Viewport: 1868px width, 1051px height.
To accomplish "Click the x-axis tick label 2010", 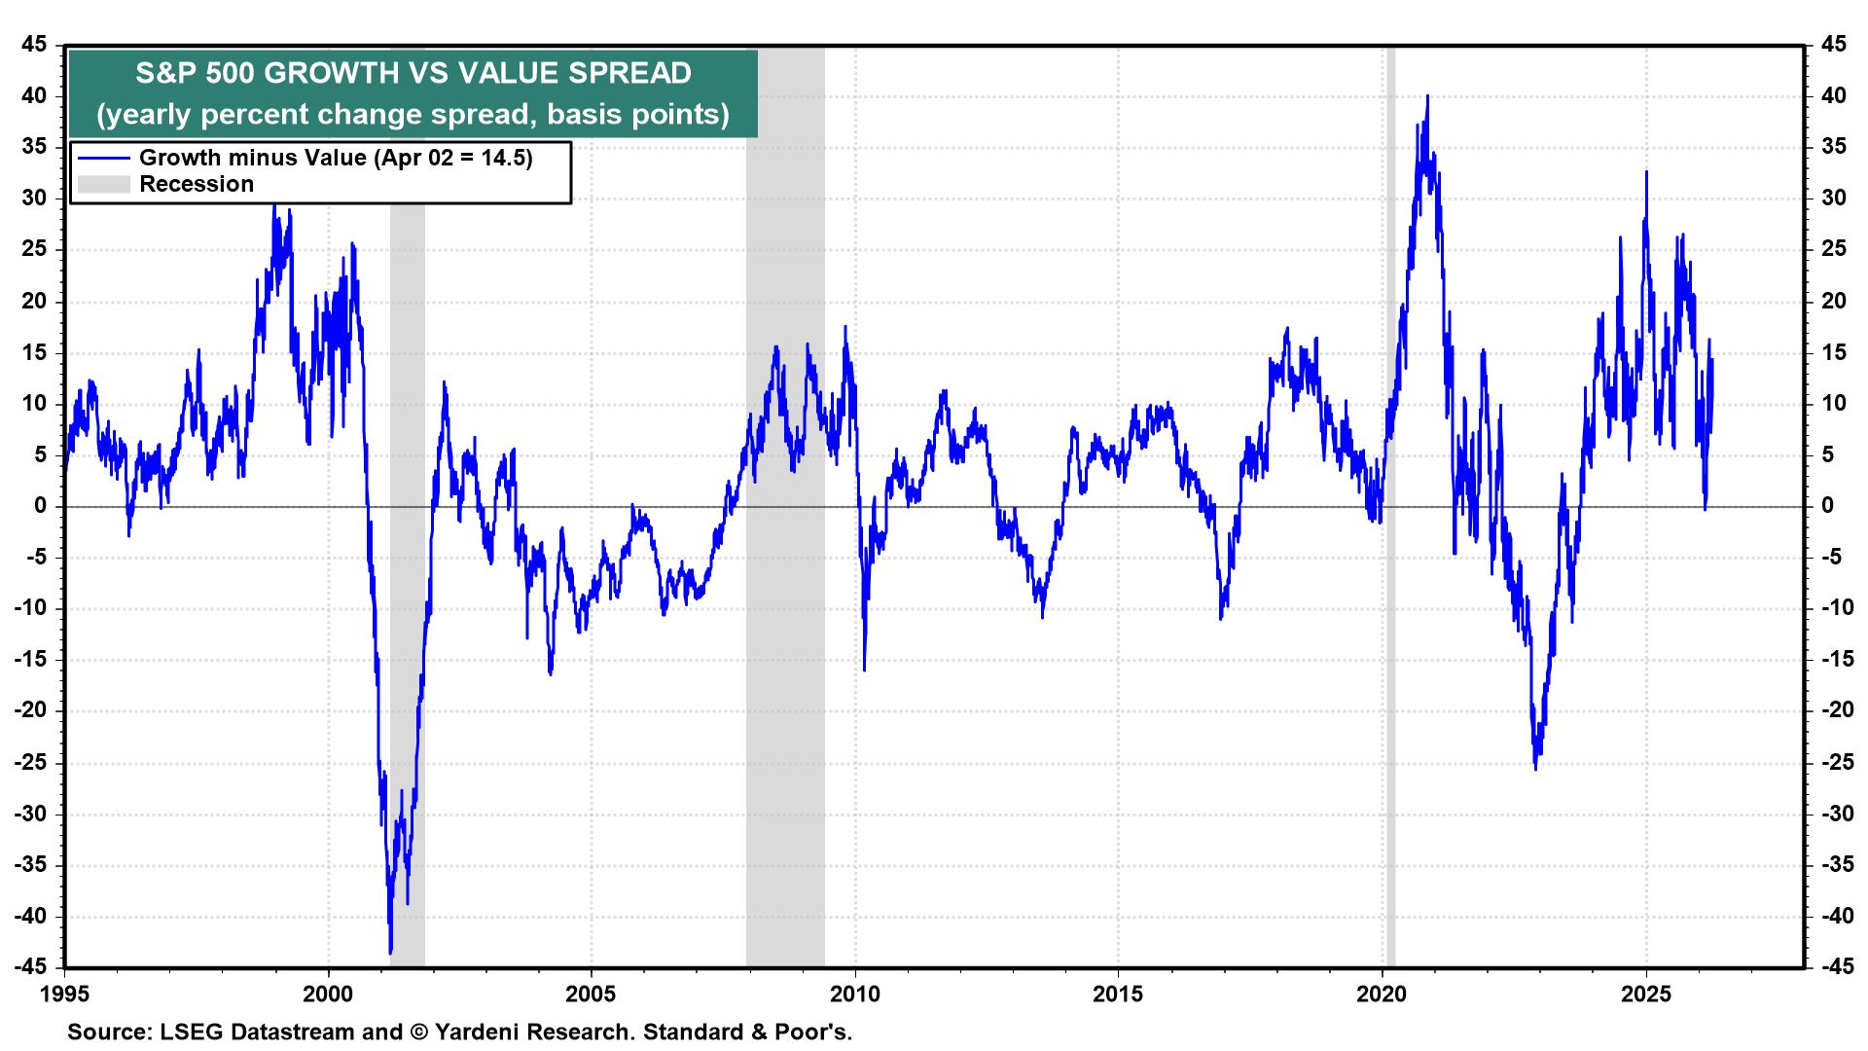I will pos(854,994).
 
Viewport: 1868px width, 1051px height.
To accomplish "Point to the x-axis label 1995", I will pos(64,994).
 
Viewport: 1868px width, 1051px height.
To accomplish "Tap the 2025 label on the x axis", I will pos(1645,994).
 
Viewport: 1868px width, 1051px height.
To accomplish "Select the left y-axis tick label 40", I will pos(34,95).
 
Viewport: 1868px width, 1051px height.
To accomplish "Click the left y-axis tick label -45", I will pos(30,966).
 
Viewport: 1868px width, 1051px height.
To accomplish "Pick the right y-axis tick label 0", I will pos(1827,505).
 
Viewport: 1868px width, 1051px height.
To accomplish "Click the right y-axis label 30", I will pos(1833,198).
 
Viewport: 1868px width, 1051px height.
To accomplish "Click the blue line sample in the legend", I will pos(103,158).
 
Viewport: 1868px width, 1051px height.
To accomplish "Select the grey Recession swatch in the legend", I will pos(103,184).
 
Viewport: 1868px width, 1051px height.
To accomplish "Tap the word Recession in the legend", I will pos(197,184).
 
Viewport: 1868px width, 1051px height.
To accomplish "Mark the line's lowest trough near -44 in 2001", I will pos(390,952).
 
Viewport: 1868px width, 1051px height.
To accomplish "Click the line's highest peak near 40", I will pos(1427,96).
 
